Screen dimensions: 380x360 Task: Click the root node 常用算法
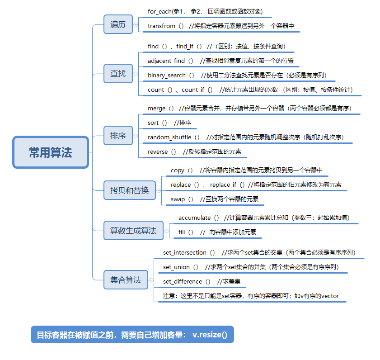51,152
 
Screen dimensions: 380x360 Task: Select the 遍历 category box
118,24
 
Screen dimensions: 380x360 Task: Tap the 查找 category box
118,73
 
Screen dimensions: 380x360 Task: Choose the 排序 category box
118,136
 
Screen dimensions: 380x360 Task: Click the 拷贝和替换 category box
129,190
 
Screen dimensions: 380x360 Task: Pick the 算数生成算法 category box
133,231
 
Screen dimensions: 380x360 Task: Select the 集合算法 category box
126,280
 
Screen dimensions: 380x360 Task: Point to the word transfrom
161,26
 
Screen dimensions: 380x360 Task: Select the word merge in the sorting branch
157,109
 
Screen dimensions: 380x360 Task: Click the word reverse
158,152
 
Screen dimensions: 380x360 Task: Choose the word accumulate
194,218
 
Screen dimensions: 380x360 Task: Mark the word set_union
176,267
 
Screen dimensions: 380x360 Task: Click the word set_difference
183,281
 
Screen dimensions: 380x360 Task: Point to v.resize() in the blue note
210,335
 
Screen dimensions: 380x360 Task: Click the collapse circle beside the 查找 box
136,73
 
